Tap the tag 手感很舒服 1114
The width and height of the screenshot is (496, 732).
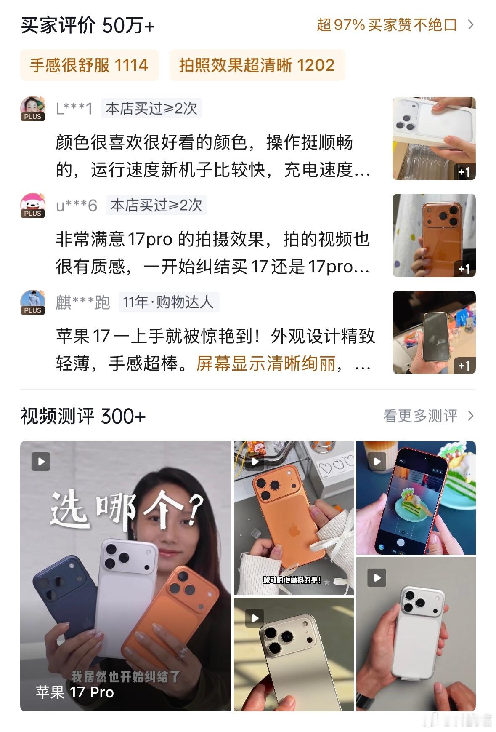pos(89,65)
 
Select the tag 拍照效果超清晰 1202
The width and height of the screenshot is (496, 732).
pos(257,65)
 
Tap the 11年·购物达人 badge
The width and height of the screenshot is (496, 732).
pos(169,302)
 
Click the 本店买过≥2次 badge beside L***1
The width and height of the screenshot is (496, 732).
pos(151,109)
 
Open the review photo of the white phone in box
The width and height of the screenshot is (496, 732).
pos(434,139)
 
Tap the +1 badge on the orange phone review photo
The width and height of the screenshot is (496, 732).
pos(464,269)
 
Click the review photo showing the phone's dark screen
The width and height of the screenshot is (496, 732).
pos(434,332)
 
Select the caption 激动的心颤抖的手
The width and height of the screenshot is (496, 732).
pos(292,580)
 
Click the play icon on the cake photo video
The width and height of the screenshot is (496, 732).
pos(377,462)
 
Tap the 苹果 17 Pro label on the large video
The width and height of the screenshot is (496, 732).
pos(75,692)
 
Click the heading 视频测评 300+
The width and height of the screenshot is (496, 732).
pos(83,416)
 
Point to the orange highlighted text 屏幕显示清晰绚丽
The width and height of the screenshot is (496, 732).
pos(266,363)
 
